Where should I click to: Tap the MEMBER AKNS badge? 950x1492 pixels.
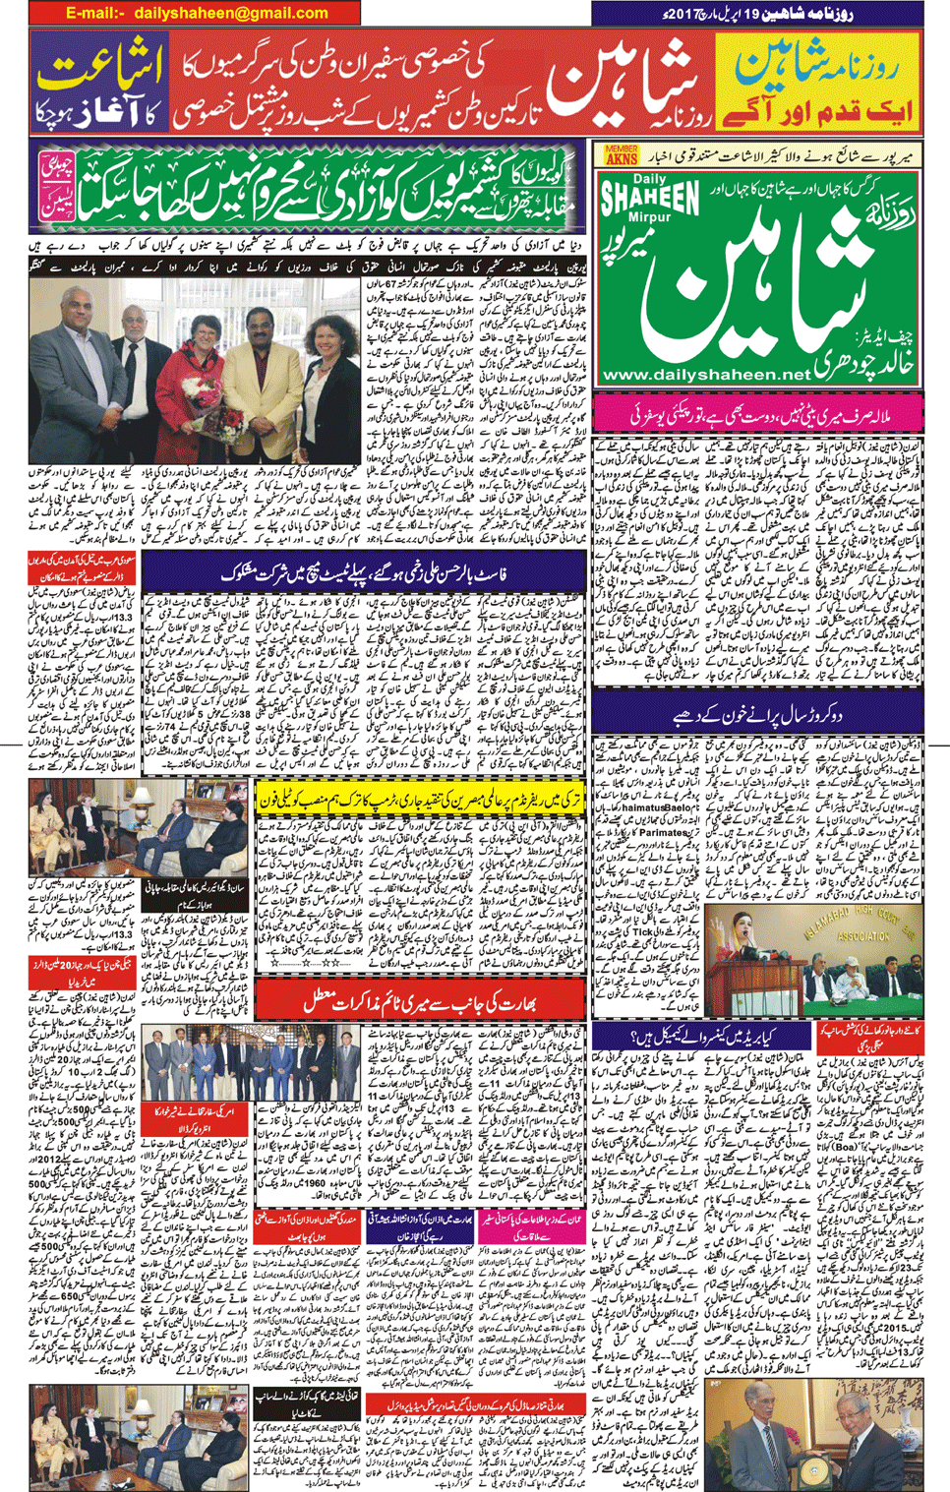[x=621, y=154]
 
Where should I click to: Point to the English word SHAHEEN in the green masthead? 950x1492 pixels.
[x=650, y=199]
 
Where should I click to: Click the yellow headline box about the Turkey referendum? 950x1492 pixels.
[x=418, y=800]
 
